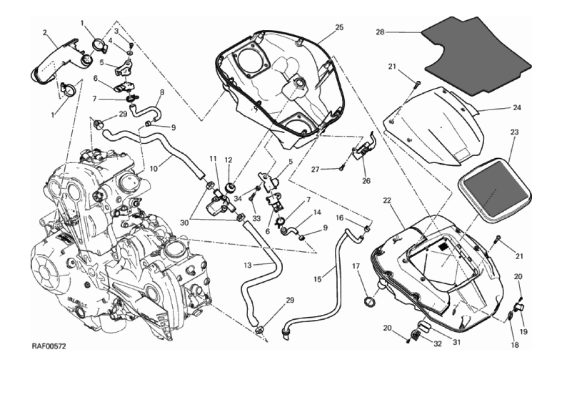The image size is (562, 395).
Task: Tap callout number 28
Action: pos(380,32)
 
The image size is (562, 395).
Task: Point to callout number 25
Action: pos(339,27)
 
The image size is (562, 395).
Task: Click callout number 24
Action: pos(517,108)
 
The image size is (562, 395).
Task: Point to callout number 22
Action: pos(386,200)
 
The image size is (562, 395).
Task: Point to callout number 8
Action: pos(161,92)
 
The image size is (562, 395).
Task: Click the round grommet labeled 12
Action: pos(230,187)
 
